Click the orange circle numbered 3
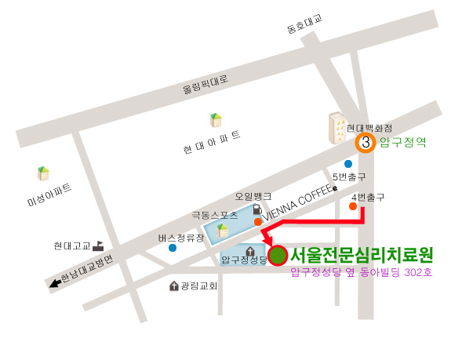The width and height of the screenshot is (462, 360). click(365, 143)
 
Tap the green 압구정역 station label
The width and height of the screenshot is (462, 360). click(402, 143)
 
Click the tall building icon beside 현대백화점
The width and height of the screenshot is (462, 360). click(338, 128)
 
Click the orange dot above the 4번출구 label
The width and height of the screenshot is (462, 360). click(353, 206)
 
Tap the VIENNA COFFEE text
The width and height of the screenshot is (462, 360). click(299, 202)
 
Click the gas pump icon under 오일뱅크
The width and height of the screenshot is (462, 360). click(256, 209)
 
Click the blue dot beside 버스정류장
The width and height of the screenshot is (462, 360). click(172, 248)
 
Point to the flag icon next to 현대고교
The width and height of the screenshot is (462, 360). click(99, 245)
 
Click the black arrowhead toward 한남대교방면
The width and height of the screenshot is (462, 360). click(55, 284)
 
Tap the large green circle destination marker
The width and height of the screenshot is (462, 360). click(278, 256)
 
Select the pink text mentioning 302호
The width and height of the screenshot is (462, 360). click(361, 273)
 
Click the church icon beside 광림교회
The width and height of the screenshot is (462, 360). click(173, 286)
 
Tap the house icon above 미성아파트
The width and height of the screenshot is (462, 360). click(44, 173)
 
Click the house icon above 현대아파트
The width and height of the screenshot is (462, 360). click(215, 120)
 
